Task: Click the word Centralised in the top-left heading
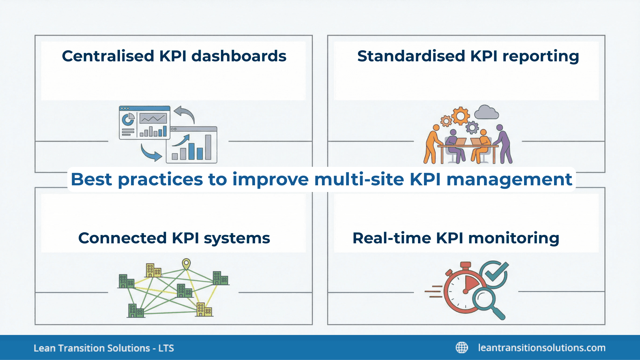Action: (x=108, y=56)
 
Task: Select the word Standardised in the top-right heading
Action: (x=411, y=56)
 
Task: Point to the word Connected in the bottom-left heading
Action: (x=122, y=238)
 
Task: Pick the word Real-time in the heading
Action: (x=392, y=238)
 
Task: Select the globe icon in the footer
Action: (x=462, y=348)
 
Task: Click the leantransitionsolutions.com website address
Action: (x=541, y=348)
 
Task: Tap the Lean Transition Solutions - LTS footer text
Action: (x=104, y=348)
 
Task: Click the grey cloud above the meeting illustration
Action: (x=486, y=113)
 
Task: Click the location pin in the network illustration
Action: (x=186, y=264)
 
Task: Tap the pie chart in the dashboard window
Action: (x=128, y=119)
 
